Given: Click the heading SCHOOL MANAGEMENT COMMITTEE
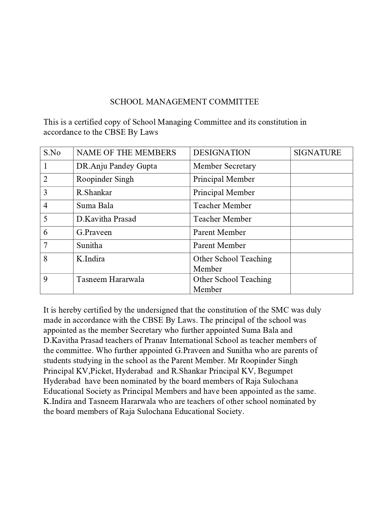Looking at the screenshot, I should [184, 102].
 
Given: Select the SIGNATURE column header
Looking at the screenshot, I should [317, 153].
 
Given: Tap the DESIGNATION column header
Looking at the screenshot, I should [222, 153].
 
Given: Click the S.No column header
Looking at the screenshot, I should [52, 153].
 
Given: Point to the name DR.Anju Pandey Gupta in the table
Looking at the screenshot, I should [117, 166].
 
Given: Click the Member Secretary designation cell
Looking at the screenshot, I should [224, 166].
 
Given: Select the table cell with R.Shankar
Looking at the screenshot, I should [94, 192].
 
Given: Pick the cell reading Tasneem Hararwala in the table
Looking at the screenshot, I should [110, 279].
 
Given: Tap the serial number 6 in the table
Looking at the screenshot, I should [45, 232].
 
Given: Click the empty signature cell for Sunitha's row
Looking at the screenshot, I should [321, 246].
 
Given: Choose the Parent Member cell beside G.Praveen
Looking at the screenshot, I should [219, 232].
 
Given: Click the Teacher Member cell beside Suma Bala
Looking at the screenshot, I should [222, 206].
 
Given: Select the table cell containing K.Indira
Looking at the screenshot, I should [91, 259].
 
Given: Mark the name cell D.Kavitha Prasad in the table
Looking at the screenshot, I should [106, 219].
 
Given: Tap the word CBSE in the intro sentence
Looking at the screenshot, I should [112, 132].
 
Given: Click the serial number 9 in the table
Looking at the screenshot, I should [45, 279].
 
